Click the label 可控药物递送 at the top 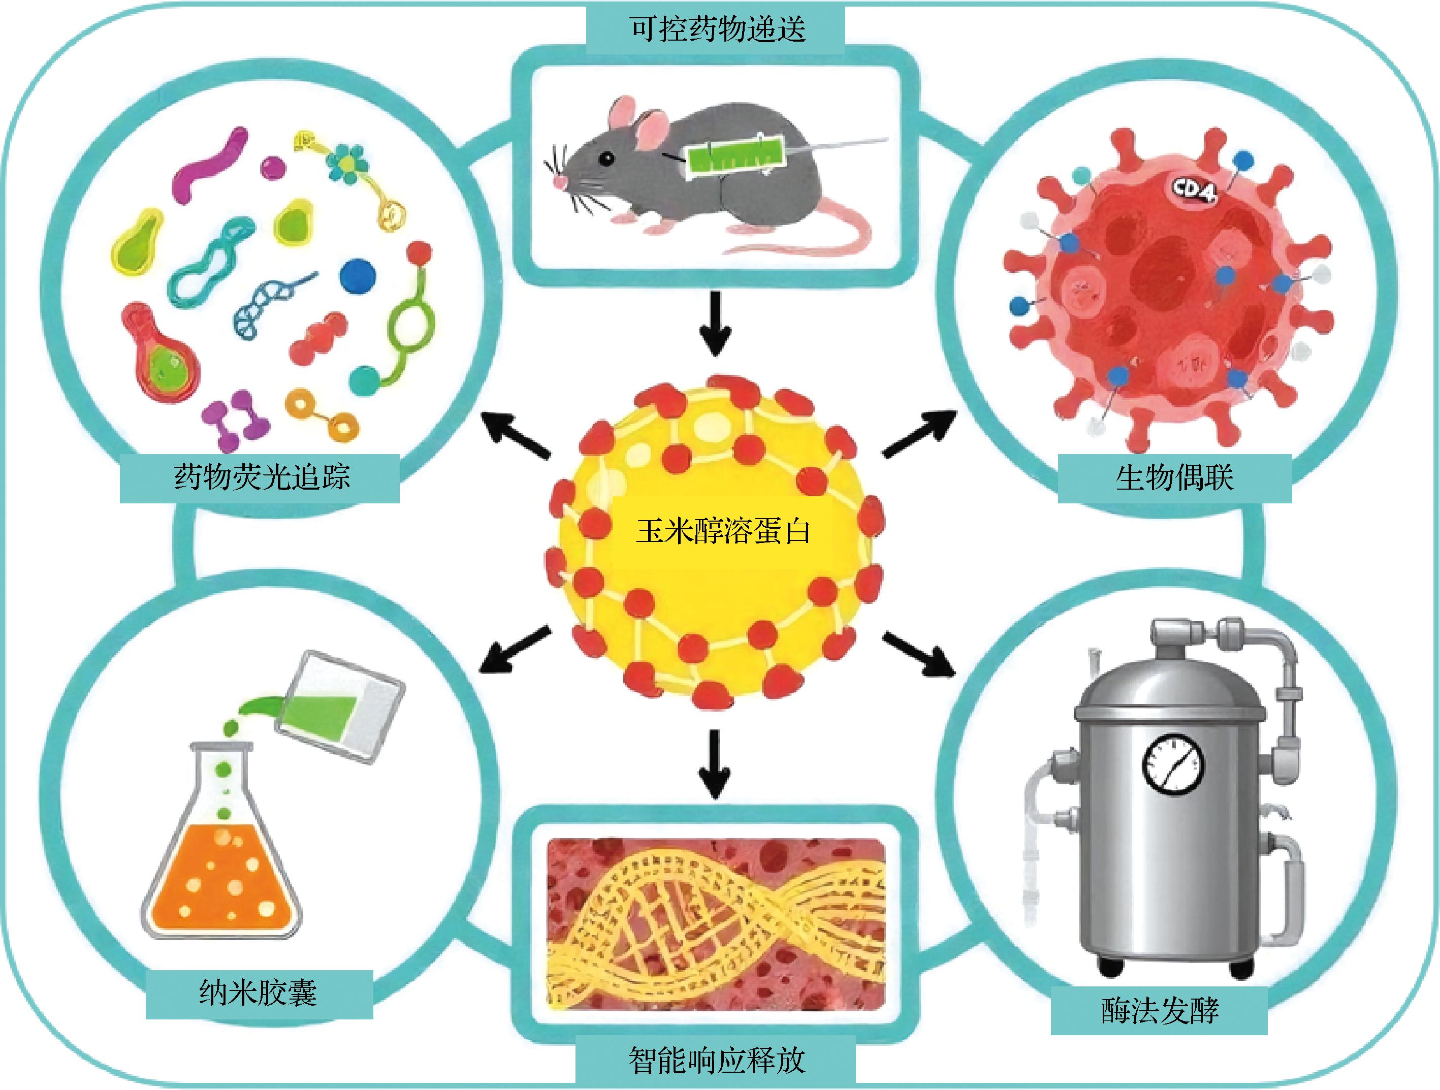(x=717, y=28)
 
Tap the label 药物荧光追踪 (x=262, y=476)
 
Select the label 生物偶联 (x=1174, y=477)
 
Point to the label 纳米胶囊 (x=259, y=993)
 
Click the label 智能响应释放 (x=717, y=1060)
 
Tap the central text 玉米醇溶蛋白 (x=723, y=531)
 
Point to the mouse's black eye (x=606, y=157)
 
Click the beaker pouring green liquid (x=340, y=704)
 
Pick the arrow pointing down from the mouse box (x=716, y=323)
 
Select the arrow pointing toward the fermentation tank (x=920, y=654)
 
